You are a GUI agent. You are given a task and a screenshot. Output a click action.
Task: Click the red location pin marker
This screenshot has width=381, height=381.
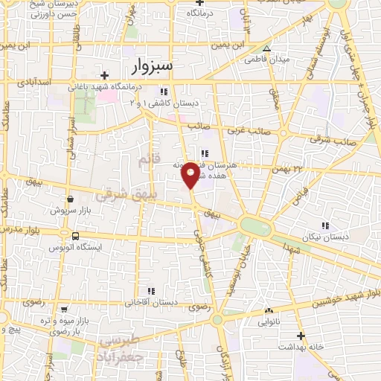[x=190, y=173]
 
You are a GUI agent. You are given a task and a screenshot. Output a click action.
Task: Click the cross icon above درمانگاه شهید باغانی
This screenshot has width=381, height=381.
[x=105, y=75]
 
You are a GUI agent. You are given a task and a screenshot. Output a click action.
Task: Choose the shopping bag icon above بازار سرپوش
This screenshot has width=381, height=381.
[x=71, y=199]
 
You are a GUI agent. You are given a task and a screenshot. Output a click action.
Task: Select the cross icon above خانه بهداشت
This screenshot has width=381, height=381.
[x=301, y=336]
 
